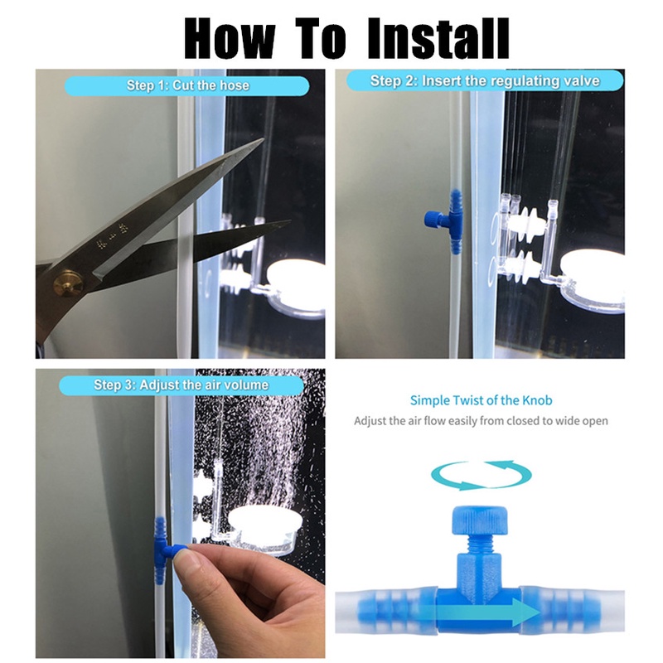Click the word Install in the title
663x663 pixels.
[x=438, y=38]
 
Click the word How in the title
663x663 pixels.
[x=230, y=38]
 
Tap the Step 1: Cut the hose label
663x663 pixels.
[x=187, y=86]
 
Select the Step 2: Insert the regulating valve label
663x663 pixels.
[x=485, y=80]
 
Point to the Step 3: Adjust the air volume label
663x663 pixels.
[x=181, y=385]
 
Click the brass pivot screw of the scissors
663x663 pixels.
[x=67, y=283]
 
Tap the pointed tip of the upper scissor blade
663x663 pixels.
[x=263, y=139]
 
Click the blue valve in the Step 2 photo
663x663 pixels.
[x=445, y=221]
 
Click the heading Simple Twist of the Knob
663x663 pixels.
[x=482, y=400]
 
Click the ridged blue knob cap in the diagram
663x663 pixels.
[x=480, y=519]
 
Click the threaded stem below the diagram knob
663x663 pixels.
[x=480, y=544]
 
